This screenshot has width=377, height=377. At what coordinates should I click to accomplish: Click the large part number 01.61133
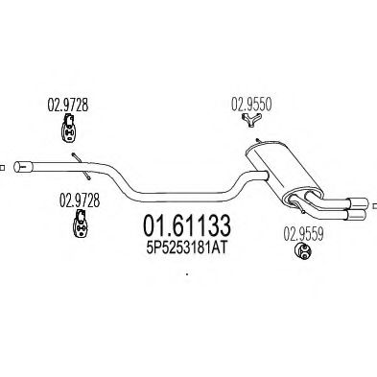pos(187,225)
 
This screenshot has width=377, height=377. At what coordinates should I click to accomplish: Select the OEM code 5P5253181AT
pos(187,247)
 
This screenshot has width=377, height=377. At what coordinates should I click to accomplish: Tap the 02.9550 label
pos(251,105)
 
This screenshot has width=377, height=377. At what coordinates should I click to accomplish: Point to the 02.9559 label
pos(303,233)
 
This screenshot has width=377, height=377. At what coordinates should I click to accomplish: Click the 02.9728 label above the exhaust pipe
pos(68,105)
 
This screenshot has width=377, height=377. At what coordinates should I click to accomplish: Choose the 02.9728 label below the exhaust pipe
pos(80,200)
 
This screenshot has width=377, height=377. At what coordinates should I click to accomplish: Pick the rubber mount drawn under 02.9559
pos(303,251)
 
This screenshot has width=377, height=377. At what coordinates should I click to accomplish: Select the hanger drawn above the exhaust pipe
pos(68,128)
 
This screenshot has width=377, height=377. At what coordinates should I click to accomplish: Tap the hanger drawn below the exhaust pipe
pos(80,224)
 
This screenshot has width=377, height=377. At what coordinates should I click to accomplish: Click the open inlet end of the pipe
pos(18,167)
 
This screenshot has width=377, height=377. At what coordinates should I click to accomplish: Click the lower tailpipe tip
pos(356,215)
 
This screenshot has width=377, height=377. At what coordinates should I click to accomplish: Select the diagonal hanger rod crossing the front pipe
pos(82,166)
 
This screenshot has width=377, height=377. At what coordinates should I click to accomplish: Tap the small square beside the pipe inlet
pos(2,167)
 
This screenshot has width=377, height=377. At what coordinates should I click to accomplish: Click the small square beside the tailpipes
pos(375,205)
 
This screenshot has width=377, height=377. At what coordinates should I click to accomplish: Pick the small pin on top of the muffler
pos(258,141)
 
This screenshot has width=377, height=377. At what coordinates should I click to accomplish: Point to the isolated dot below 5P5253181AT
pos(187,274)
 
